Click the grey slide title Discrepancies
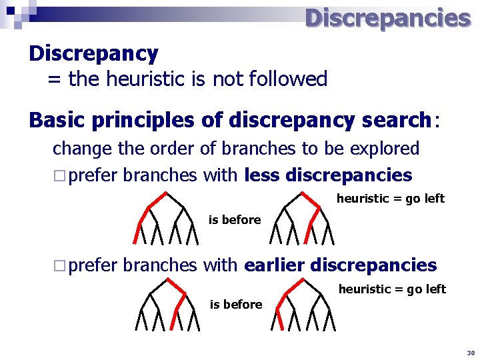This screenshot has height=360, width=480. (387, 18)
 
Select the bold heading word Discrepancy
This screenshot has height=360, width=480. (93, 53)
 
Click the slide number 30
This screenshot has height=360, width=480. (470, 352)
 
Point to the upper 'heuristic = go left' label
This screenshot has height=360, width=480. (391, 199)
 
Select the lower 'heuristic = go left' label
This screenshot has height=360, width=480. (393, 289)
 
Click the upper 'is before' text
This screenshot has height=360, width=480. (235, 220)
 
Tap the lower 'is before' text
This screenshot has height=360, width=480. (236, 305)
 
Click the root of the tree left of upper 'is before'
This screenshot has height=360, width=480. (166, 193)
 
